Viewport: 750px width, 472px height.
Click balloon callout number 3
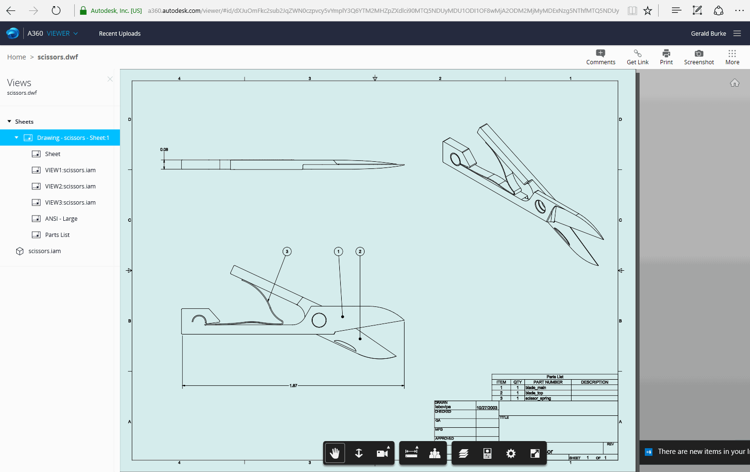(x=286, y=251)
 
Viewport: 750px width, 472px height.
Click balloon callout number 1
(x=338, y=251)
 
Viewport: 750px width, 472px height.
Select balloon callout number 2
(x=360, y=251)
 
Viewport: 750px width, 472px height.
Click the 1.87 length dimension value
(x=293, y=385)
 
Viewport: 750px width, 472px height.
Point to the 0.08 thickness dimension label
(x=164, y=149)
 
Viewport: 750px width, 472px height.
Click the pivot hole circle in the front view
(x=319, y=320)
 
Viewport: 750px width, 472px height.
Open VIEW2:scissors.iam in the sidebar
(x=70, y=186)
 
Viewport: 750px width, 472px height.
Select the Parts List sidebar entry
(x=57, y=235)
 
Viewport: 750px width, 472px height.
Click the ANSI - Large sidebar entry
(x=61, y=218)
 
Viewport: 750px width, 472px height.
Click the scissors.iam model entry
(x=44, y=251)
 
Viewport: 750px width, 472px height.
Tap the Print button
(x=666, y=57)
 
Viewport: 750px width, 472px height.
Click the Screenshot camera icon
(x=699, y=54)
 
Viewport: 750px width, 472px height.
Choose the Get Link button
(x=637, y=57)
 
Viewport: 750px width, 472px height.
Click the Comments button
(x=601, y=57)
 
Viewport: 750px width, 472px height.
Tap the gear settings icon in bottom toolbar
(x=511, y=453)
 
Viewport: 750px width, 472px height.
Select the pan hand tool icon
(x=335, y=453)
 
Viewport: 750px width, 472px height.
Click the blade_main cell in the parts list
(x=536, y=388)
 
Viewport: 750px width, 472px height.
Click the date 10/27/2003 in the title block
(x=487, y=408)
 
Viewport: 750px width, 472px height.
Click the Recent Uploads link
(x=119, y=33)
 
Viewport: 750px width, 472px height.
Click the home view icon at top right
(x=735, y=83)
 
